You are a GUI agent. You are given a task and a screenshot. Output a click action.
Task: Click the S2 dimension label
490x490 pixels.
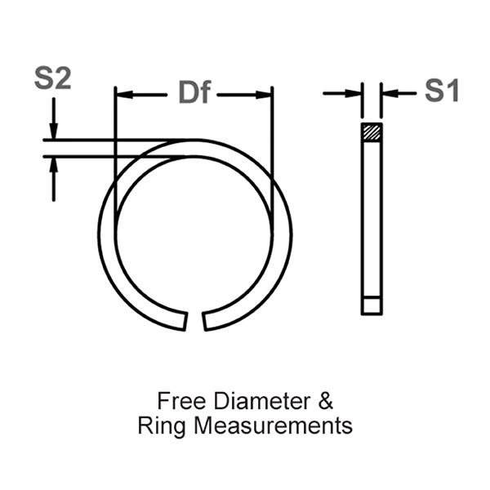pyautogui.click(x=52, y=79)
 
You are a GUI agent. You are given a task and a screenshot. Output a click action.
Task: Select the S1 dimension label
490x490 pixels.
pyautogui.click(x=441, y=91)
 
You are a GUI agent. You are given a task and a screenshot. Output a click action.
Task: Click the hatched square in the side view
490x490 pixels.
pyautogui.click(x=371, y=132)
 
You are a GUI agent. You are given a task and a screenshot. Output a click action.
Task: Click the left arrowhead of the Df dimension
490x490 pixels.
pyautogui.click(x=122, y=95)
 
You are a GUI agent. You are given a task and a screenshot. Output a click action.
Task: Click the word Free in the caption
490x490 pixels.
pyautogui.click(x=175, y=402)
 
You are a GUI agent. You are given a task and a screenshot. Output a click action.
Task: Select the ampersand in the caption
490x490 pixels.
pyautogui.click(x=325, y=402)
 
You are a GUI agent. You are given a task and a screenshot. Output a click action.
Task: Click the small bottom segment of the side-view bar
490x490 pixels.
pyautogui.click(x=371, y=305)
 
